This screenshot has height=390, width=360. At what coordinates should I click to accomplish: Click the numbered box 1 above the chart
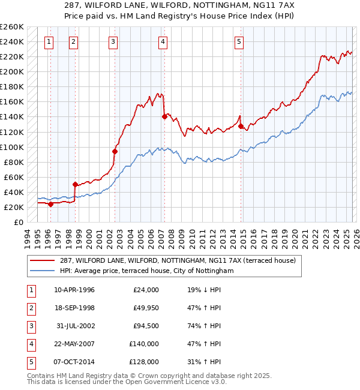(x=48, y=42)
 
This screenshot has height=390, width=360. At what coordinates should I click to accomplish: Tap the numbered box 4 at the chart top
(x=163, y=42)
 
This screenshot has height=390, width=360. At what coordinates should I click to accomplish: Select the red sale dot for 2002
(x=115, y=151)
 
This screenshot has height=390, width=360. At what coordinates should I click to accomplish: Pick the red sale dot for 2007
(x=164, y=117)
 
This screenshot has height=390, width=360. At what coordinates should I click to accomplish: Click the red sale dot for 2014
(x=240, y=126)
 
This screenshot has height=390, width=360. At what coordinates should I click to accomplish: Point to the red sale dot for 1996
(x=50, y=204)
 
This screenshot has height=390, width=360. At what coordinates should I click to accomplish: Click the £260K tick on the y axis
(x=12, y=27)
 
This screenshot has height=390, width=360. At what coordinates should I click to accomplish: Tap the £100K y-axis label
(x=12, y=147)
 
